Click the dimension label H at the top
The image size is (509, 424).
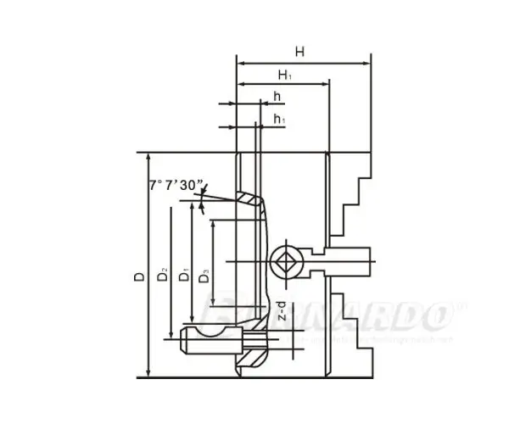[299, 51]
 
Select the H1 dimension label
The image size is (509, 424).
[284, 75]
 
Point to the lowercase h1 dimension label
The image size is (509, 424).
[278, 119]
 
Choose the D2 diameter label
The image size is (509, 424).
[162, 276]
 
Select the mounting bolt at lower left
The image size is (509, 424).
[212, 342]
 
